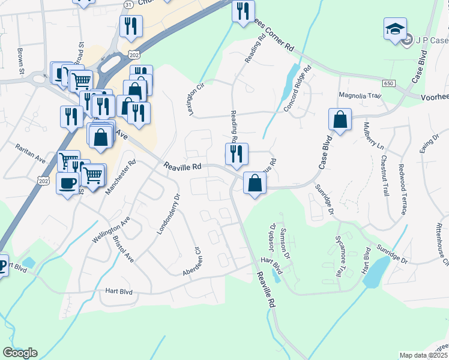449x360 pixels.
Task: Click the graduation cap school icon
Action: tap(395, 29)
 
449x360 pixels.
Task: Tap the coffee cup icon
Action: tap(67, 182)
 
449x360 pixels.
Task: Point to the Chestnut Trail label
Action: tap(384, 174)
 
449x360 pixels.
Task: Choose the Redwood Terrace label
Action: tap(401, 188)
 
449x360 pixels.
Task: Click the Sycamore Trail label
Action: tap(339, 262)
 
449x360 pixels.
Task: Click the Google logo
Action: tap(20, 353)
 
